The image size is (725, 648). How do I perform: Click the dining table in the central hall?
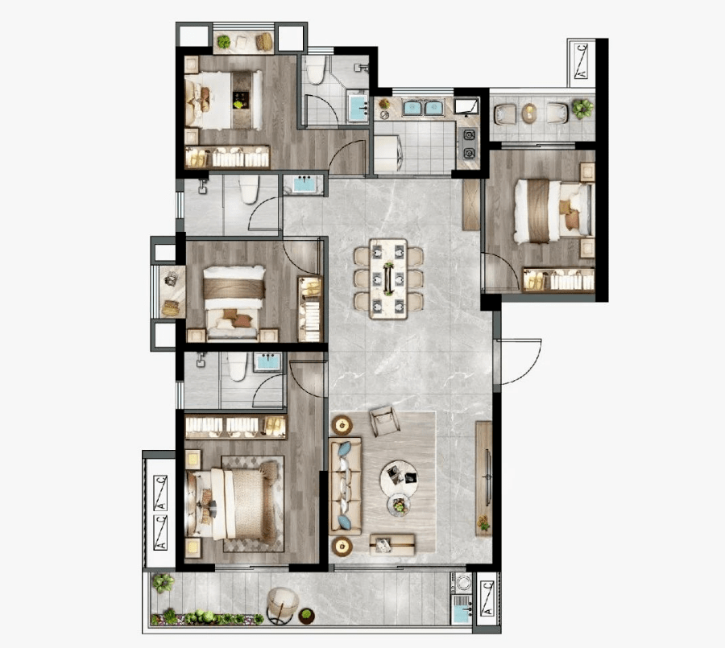(x=388, y=279)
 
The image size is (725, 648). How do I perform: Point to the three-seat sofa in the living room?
(x=345, y=486)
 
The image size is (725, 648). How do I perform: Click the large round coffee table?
(x=399, y=478)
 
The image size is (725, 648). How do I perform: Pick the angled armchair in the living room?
(x=385, y=421)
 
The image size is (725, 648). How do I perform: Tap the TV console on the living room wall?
(x=483, y=478)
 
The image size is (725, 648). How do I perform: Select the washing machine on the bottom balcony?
(x=462, y=582)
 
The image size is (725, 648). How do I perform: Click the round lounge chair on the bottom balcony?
(x=283, y=604)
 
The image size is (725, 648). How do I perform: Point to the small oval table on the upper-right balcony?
(x=529, y=114)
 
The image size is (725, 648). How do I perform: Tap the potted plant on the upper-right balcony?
(x=582, y=109)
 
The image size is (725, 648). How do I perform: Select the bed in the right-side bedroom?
(x=553, y=211)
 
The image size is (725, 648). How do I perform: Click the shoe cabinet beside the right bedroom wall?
(x=471, y=204)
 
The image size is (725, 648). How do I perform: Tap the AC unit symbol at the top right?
(x=581, y=61)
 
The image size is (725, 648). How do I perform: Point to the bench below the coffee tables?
(x=392, y=544)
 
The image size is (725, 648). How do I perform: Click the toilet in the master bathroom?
(x=237, y=367)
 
